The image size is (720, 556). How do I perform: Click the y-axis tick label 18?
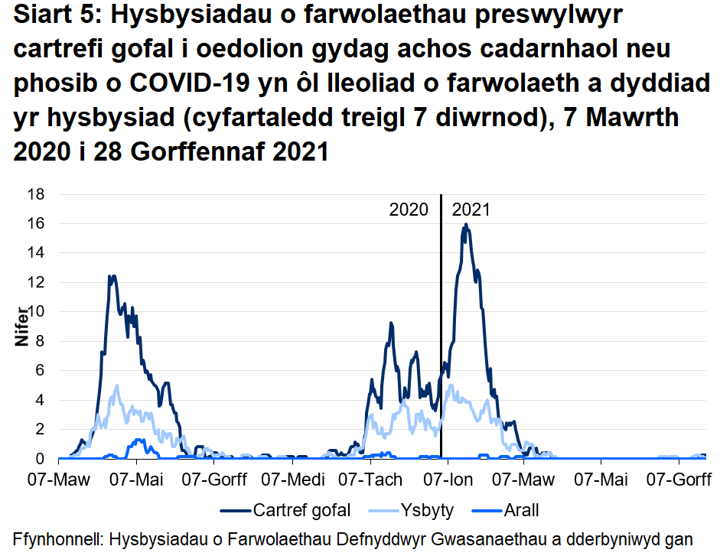coord(37,194)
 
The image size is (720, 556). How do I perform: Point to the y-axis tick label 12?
coord(37,282)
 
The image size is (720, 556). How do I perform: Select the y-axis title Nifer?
coord(22,327)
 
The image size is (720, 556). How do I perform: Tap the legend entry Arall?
coord(520,510)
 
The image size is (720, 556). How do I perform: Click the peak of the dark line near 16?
coord(465,225)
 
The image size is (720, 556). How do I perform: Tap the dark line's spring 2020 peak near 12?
coord(112,276)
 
